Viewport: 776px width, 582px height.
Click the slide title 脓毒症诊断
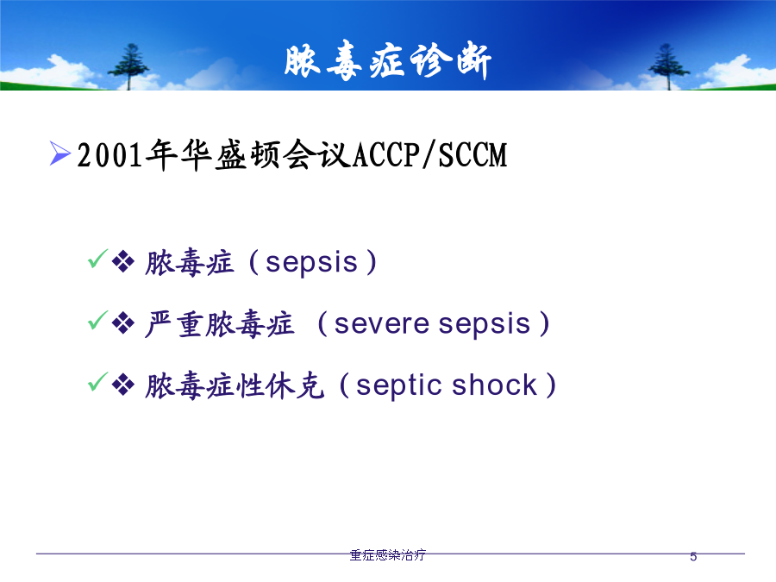[387, 61]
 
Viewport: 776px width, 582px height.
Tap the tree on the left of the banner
[128, 66]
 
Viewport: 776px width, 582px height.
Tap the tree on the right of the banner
[668, 66]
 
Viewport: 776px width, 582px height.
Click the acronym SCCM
[472, 155]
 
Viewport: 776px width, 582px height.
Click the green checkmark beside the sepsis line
[97, 259]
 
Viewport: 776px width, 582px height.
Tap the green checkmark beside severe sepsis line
[97, 320]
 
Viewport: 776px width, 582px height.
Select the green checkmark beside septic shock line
[97, 382]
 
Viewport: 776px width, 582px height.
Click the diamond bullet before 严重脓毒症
[123, 324]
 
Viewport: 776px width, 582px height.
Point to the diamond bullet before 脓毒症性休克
[123, 385]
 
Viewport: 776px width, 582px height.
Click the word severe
[382, 325]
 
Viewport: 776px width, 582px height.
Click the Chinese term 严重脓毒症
[220, 324]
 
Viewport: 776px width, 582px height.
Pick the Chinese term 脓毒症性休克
[235, 386]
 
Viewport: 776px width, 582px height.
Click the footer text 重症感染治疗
[387, 555]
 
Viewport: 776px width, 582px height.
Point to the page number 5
[693, 557]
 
